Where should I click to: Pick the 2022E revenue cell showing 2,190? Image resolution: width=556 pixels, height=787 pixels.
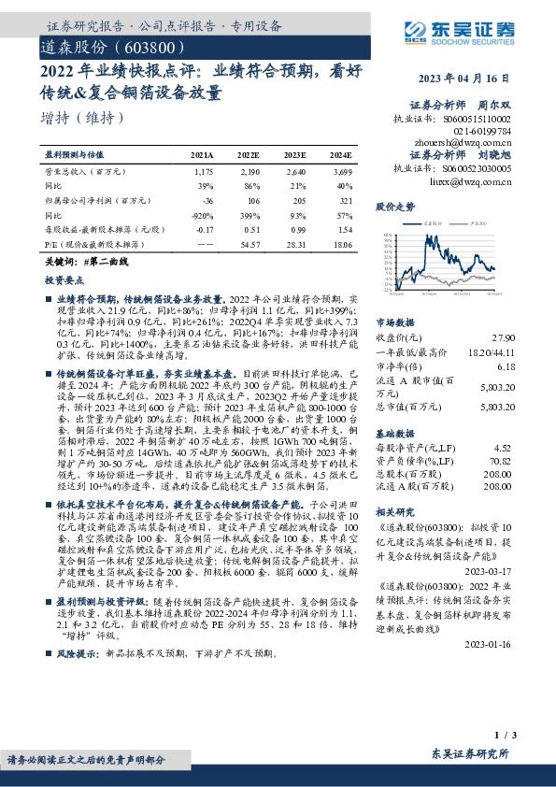pos(247,172)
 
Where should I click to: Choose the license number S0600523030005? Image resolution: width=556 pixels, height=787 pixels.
pos(465,169)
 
